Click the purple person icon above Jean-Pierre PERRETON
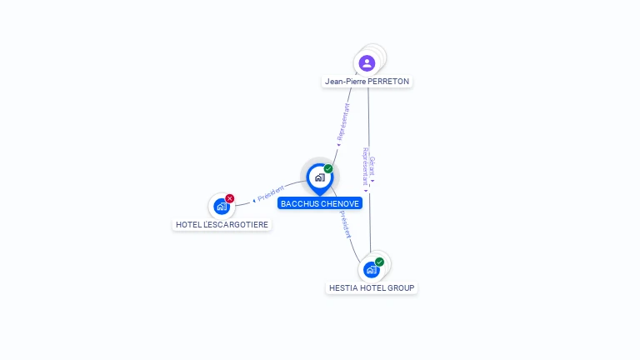click(x=367, y=62)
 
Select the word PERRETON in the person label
click(x=389, y=82)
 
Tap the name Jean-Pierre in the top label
click(x=345, y=82)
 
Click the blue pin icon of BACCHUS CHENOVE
click(x=319, y=177)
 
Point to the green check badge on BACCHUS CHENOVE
click(x=328, y=169)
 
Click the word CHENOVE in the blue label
click(x=340, y=203)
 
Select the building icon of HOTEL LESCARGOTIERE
click(x=221, y=206)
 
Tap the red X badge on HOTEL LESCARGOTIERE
click(x=230, y=198)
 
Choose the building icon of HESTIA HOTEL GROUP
click(x=371, y=269)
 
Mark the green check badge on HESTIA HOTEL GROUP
click(x=380, y=262)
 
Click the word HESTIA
click(x=342, y=287)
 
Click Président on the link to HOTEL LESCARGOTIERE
click(x=271, y=193)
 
